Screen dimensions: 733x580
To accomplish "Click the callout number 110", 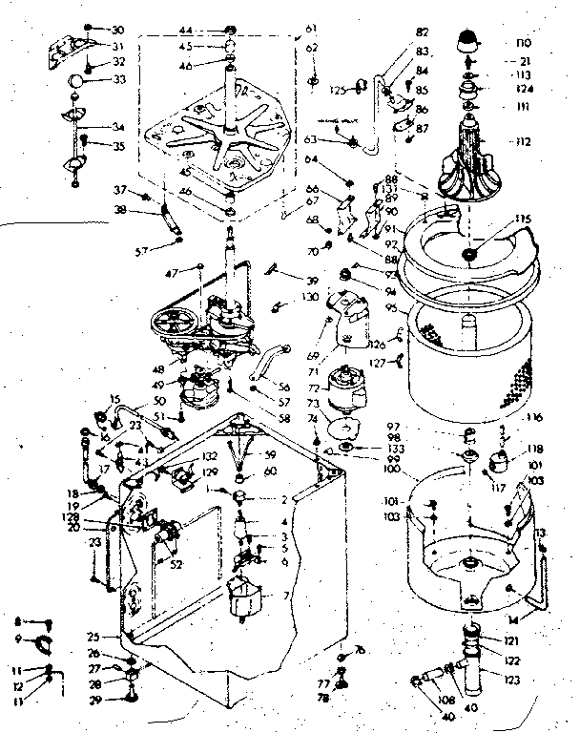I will pos(521,44).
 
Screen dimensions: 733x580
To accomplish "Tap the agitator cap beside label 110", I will pos(468,40).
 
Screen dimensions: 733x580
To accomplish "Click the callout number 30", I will pos(118,29).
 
